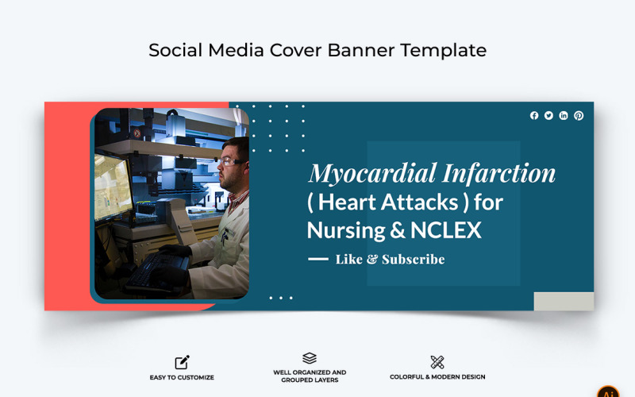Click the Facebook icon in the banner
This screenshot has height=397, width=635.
coord(534,116)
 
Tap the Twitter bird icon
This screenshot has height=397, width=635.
coord(548,116)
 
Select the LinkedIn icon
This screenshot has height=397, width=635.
coord(564,116)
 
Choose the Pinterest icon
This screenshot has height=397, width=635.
coord(579,116)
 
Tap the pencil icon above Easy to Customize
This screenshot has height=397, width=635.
coord(182,362)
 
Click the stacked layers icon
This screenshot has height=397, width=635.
coord(310,359)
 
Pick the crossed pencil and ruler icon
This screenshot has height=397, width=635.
coord(437,362)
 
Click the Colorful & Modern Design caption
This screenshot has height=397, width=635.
coord(437,377)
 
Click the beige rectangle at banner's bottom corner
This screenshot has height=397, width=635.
coord(564,301)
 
